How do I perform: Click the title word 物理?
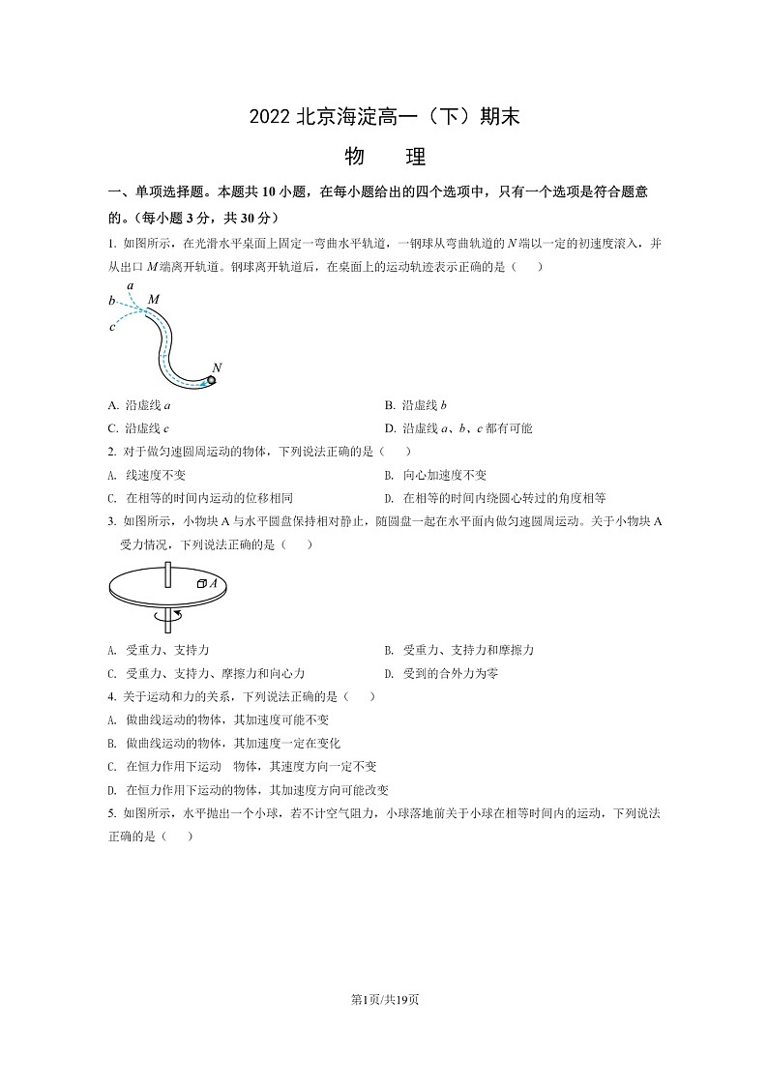tap(384, 156)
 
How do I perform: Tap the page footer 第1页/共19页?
tap(384, 998)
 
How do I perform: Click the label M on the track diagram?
tap(153, 301)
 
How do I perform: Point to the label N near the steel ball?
tap(217, 367)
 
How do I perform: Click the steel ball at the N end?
tap(210, 380)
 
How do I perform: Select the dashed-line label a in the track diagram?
tap(131, 286)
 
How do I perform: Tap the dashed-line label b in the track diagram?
tap(112, 302)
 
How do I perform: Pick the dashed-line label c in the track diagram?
tap(112, 326)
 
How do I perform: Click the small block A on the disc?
tap(202, 583)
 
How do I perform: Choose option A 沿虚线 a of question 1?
tap(140, 404)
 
